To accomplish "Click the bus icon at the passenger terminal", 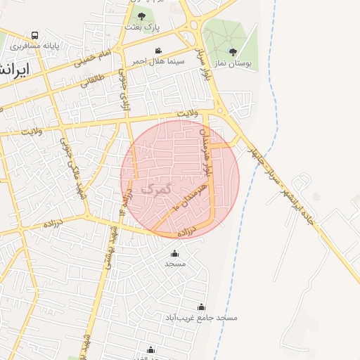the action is pyautogui.click(x=35, y=35).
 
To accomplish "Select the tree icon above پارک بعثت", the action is pyautogui.click(x=142, y=15).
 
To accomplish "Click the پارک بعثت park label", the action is pyautogui.click(x=143, y=27).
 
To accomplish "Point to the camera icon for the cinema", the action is pyautogui.click(x=159, y=51).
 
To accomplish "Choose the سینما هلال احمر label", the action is pyautogui.click(x=160, y=61).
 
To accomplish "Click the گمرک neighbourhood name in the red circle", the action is pyautogui.click(x=155, y=189).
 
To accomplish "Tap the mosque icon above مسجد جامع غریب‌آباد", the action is pyautogui.click(x=202, y=307).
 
